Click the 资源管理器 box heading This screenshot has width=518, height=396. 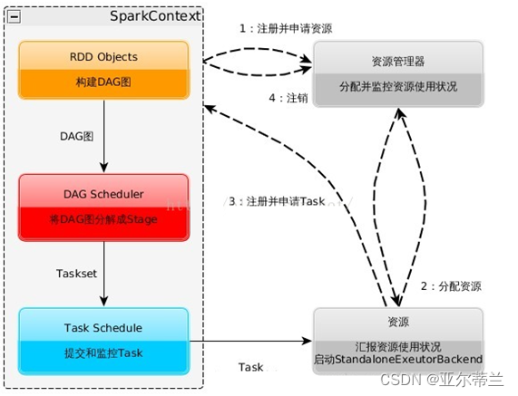396,62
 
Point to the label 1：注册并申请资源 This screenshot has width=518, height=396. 285,28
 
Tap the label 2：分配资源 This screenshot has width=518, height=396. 451,286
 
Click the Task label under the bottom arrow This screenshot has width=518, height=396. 251,368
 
